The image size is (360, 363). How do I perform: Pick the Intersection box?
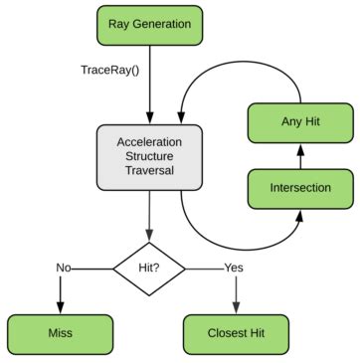tap(300, 186)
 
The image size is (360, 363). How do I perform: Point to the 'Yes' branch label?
tap(234, 267)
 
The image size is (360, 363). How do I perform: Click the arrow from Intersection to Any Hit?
tap(300, 154)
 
